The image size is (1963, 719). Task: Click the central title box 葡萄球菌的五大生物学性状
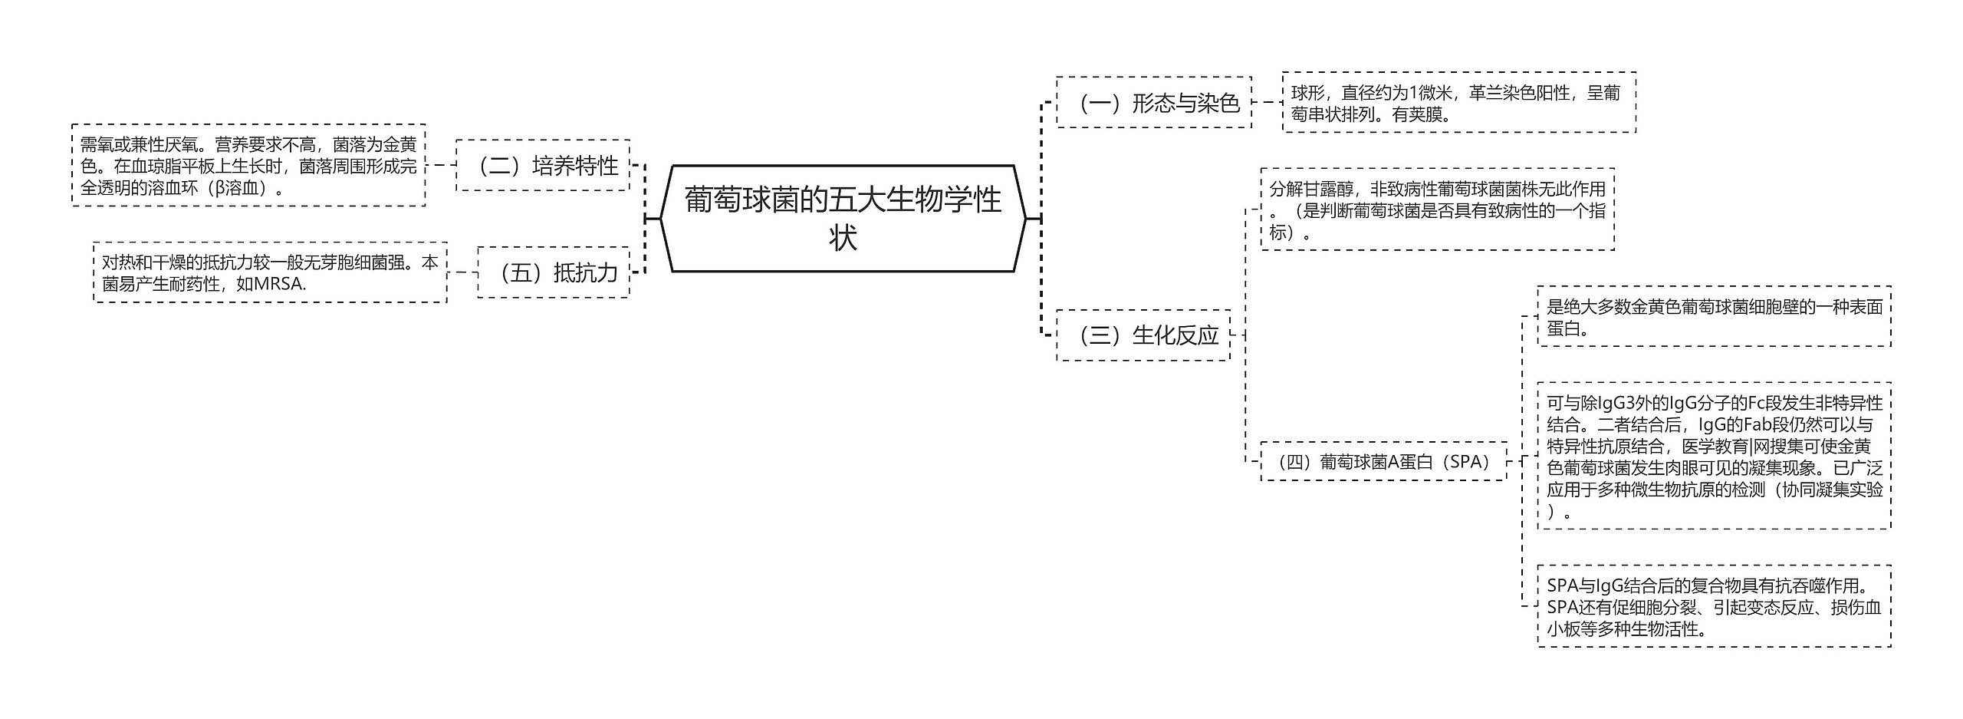[x=843, y=218]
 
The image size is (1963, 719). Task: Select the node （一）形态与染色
[x=1153, y=102]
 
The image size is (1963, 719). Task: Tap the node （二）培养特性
[x=543, y=165]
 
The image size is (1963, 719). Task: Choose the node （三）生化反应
[x=1143, y=335]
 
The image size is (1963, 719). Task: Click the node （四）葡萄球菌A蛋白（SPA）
[x=1383, y=461]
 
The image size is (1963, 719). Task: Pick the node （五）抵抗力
[x=553, y=272]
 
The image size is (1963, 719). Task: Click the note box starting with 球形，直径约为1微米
[x=1458, y=103]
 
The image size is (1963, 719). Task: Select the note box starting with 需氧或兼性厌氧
[x=248, y=165]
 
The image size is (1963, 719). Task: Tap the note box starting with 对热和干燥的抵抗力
[x=270, y=272]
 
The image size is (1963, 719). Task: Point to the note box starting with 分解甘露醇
[x=1437, y=209]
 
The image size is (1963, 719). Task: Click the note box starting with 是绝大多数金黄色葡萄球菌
[x=1714, y=317]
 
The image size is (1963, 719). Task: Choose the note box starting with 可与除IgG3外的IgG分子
[x=1714, y=456]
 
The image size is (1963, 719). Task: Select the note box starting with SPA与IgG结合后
[x=1714, y=606]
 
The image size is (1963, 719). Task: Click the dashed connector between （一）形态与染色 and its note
[x=1267, y=102]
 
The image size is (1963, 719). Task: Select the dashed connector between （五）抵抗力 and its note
[x=462, y=272]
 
